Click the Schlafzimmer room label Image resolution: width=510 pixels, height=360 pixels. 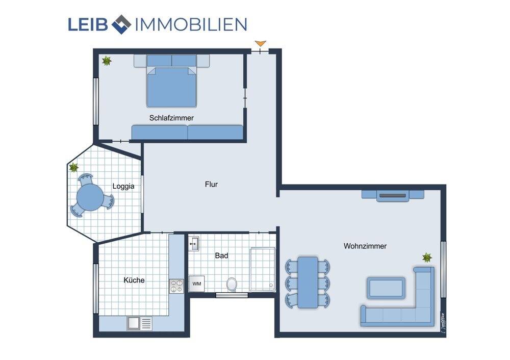171,118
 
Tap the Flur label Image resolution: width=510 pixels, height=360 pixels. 211,184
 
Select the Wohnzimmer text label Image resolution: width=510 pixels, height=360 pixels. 365,246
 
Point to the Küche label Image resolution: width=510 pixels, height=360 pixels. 134,280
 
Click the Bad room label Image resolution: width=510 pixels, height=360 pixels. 221,255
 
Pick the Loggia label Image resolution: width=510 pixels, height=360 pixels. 123,186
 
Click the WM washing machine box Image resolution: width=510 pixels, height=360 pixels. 196,284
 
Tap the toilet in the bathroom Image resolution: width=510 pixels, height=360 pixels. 232,285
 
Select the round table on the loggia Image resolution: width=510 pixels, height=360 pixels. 90,196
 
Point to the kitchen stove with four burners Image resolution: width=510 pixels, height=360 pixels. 176,286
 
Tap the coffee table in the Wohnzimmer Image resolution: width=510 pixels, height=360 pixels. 386,288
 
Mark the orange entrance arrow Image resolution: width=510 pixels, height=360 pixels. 261,43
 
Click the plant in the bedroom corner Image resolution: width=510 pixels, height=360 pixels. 107,61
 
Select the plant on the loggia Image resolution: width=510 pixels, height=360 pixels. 74,167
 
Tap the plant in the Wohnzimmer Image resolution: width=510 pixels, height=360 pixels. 426,258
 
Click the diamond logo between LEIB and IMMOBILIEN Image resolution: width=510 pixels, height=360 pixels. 121,24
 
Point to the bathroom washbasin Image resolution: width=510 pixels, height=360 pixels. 193,245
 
